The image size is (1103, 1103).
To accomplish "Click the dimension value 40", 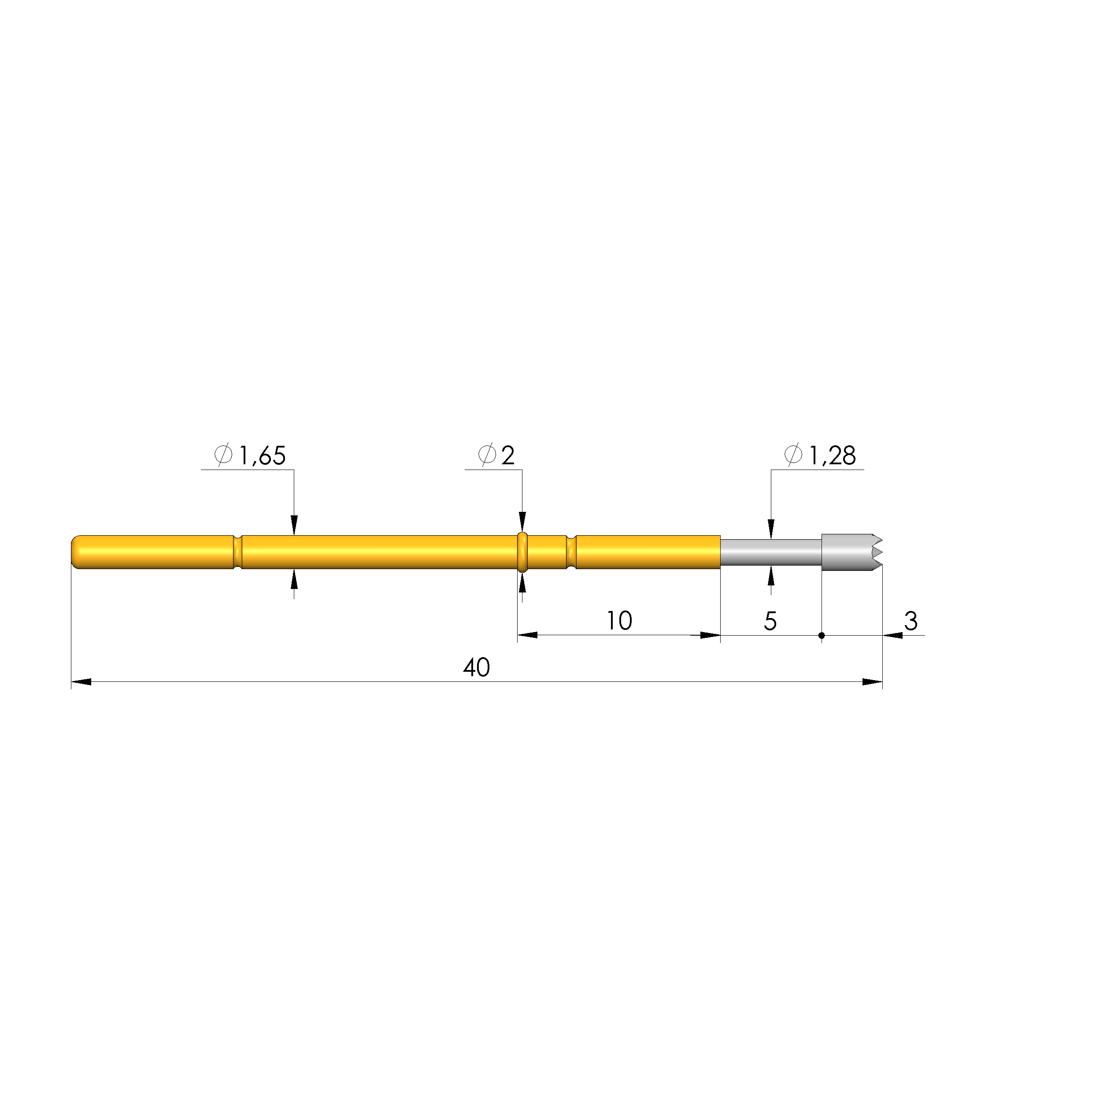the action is [476, 667].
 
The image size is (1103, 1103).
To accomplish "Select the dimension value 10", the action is [619, 621].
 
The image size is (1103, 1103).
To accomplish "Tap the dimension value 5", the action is [770, 621].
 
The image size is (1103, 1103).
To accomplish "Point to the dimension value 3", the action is [911, 621].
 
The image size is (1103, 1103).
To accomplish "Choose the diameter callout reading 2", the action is [507, 455].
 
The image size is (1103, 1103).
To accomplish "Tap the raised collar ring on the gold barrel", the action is [522, 551].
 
